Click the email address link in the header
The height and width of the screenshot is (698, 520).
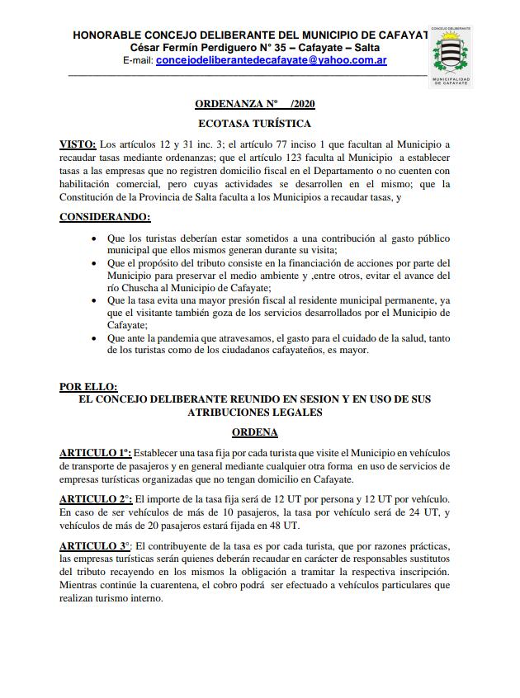pos(272,60)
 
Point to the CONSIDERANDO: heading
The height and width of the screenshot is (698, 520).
pos(105,218)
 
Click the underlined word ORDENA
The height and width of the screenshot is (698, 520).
pos(254,432)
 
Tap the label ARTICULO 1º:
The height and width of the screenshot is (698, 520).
pos(95,453)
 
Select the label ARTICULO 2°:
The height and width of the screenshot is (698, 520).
pos(96,499)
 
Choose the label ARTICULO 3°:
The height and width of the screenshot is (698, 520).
pos(96,545)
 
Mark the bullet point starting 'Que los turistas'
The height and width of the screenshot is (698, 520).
pos(94,238)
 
